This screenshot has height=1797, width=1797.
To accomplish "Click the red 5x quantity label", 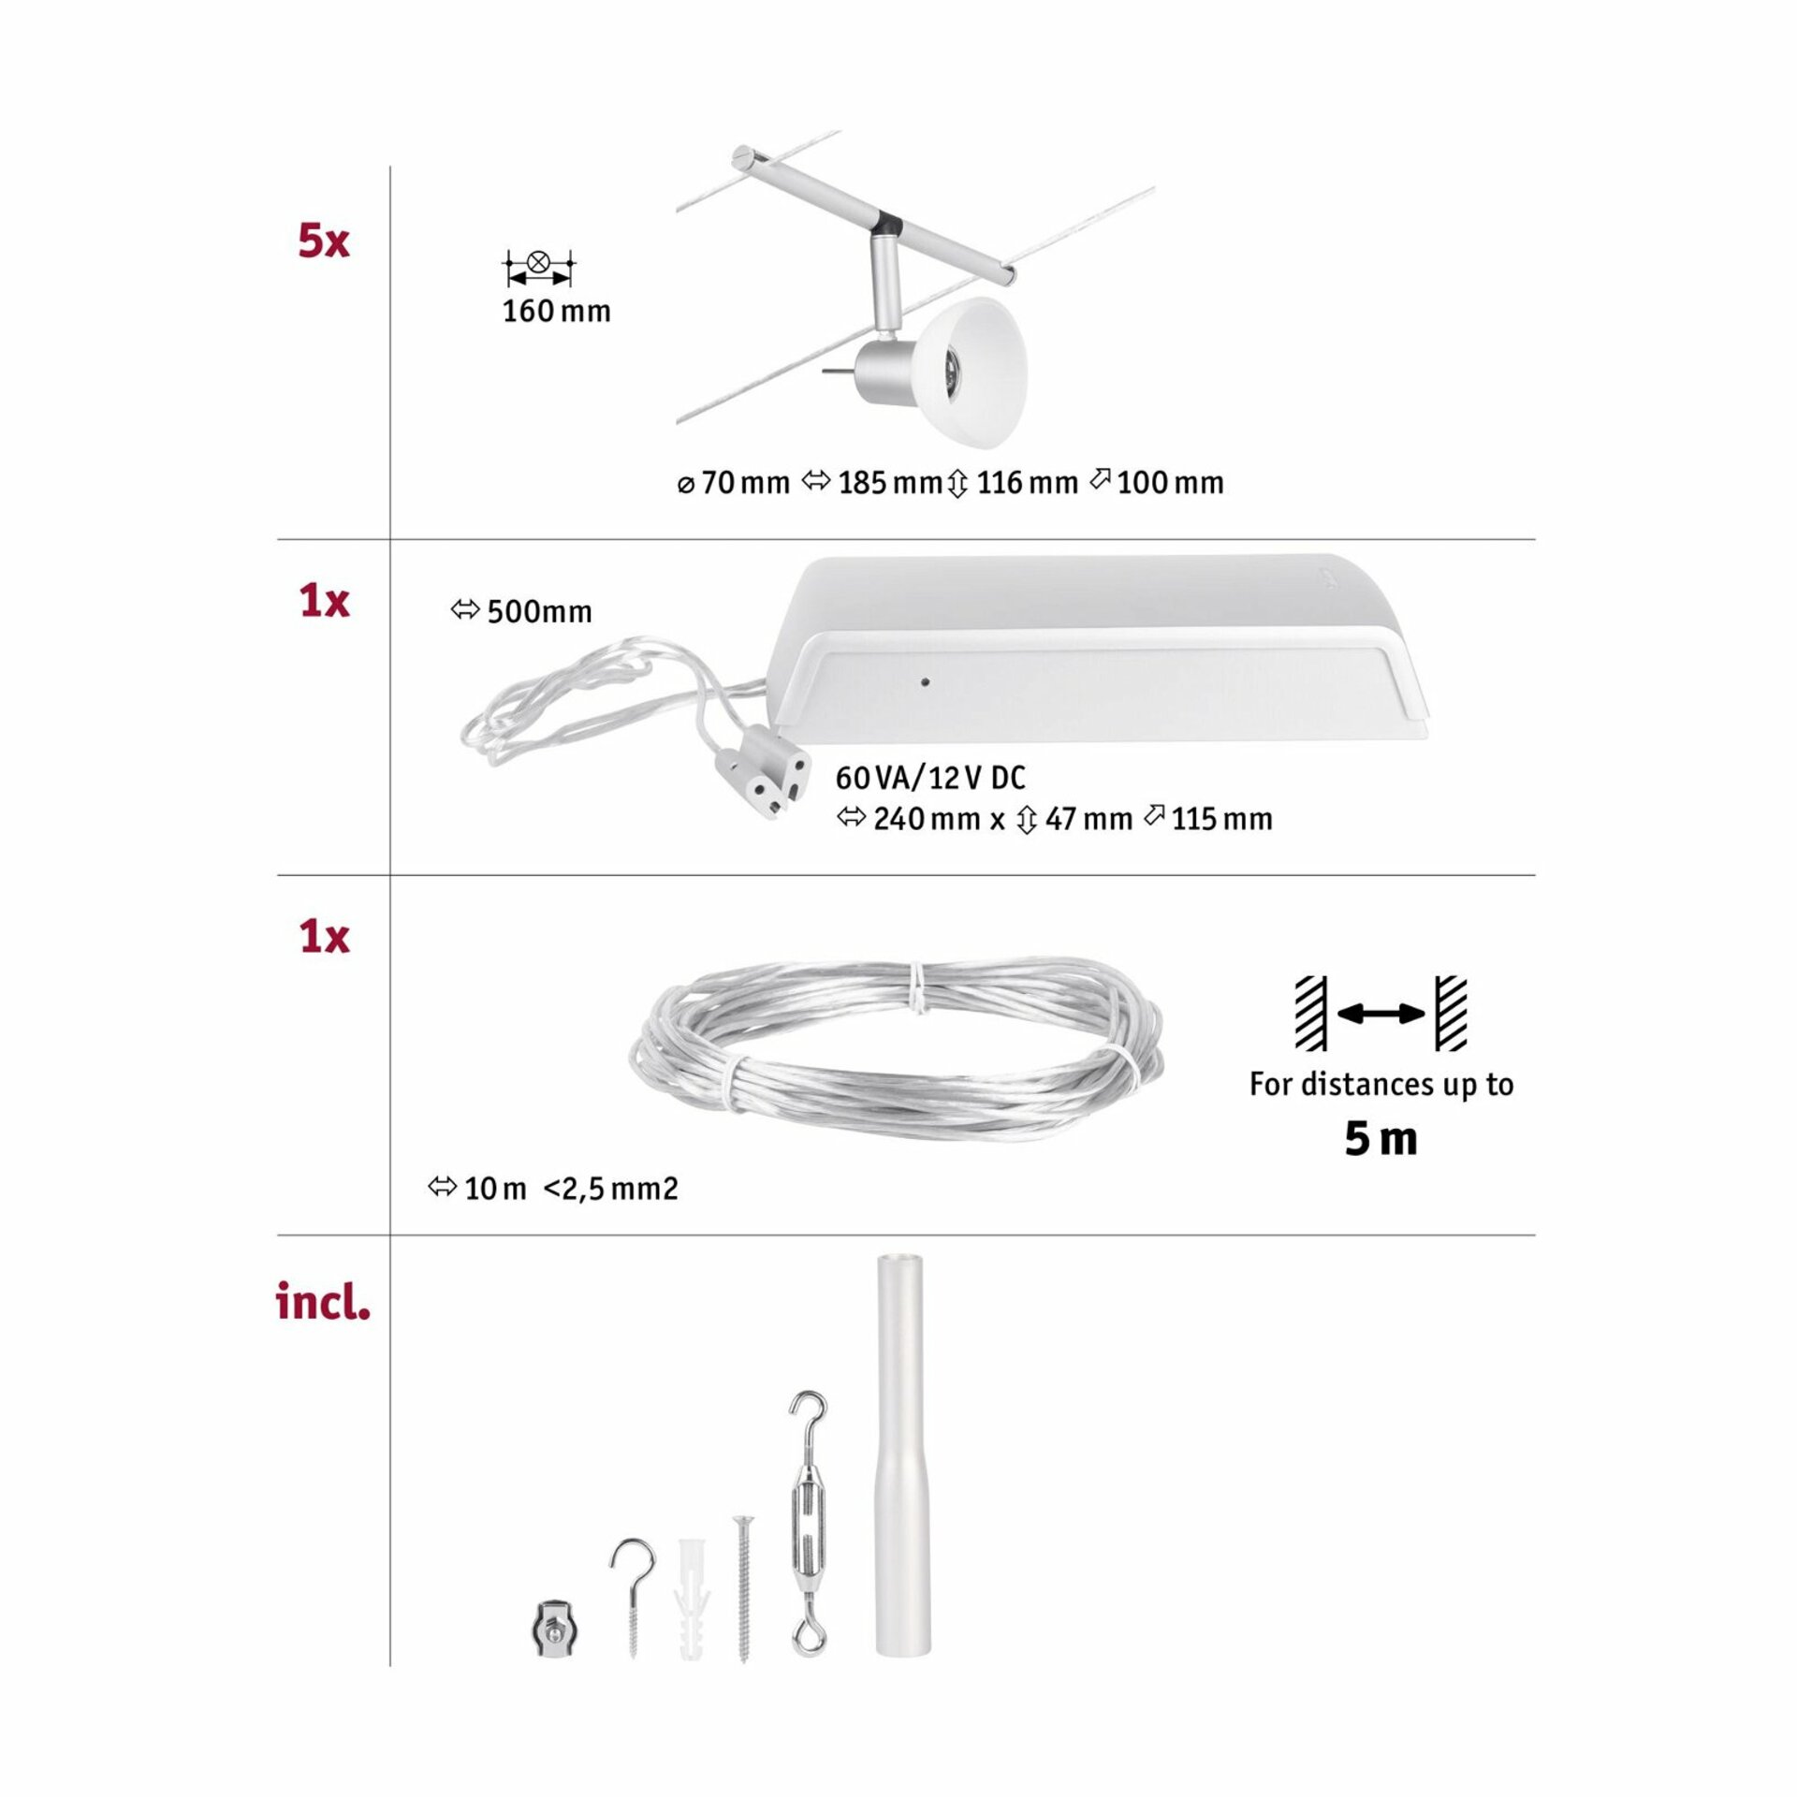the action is pos(324,241).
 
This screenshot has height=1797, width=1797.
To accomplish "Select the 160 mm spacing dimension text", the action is pos(556,311).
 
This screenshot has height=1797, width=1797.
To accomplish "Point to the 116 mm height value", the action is pos(1028,483).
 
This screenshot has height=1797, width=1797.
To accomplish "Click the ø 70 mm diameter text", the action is pos(734,483).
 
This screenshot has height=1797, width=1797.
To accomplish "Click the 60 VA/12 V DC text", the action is pos(930,778).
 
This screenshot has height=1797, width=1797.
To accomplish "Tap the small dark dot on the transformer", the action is pos(925,682).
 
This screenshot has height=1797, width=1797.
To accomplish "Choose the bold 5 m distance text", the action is pos(1381,1139).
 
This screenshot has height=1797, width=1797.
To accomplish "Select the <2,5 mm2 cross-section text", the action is pos(610,1190).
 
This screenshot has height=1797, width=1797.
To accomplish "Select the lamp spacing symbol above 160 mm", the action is pos(538,268).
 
